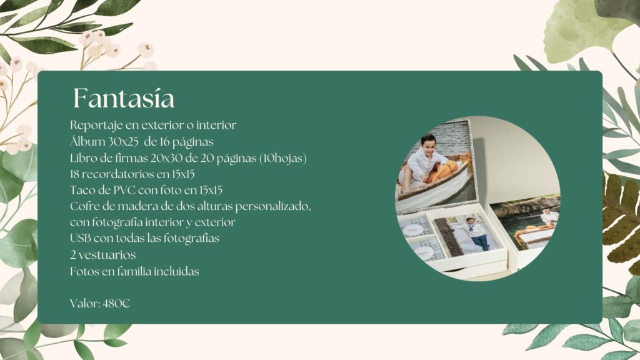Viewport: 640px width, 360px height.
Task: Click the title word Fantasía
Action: click(124, 98)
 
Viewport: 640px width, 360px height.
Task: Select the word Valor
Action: click(85, 303)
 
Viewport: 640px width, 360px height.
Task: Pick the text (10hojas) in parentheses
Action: click(283, 158)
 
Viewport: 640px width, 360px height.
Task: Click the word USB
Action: click(81, 238)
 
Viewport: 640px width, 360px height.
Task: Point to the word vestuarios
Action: click(107, 255)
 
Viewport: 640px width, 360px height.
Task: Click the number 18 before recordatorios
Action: click(75, 174)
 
